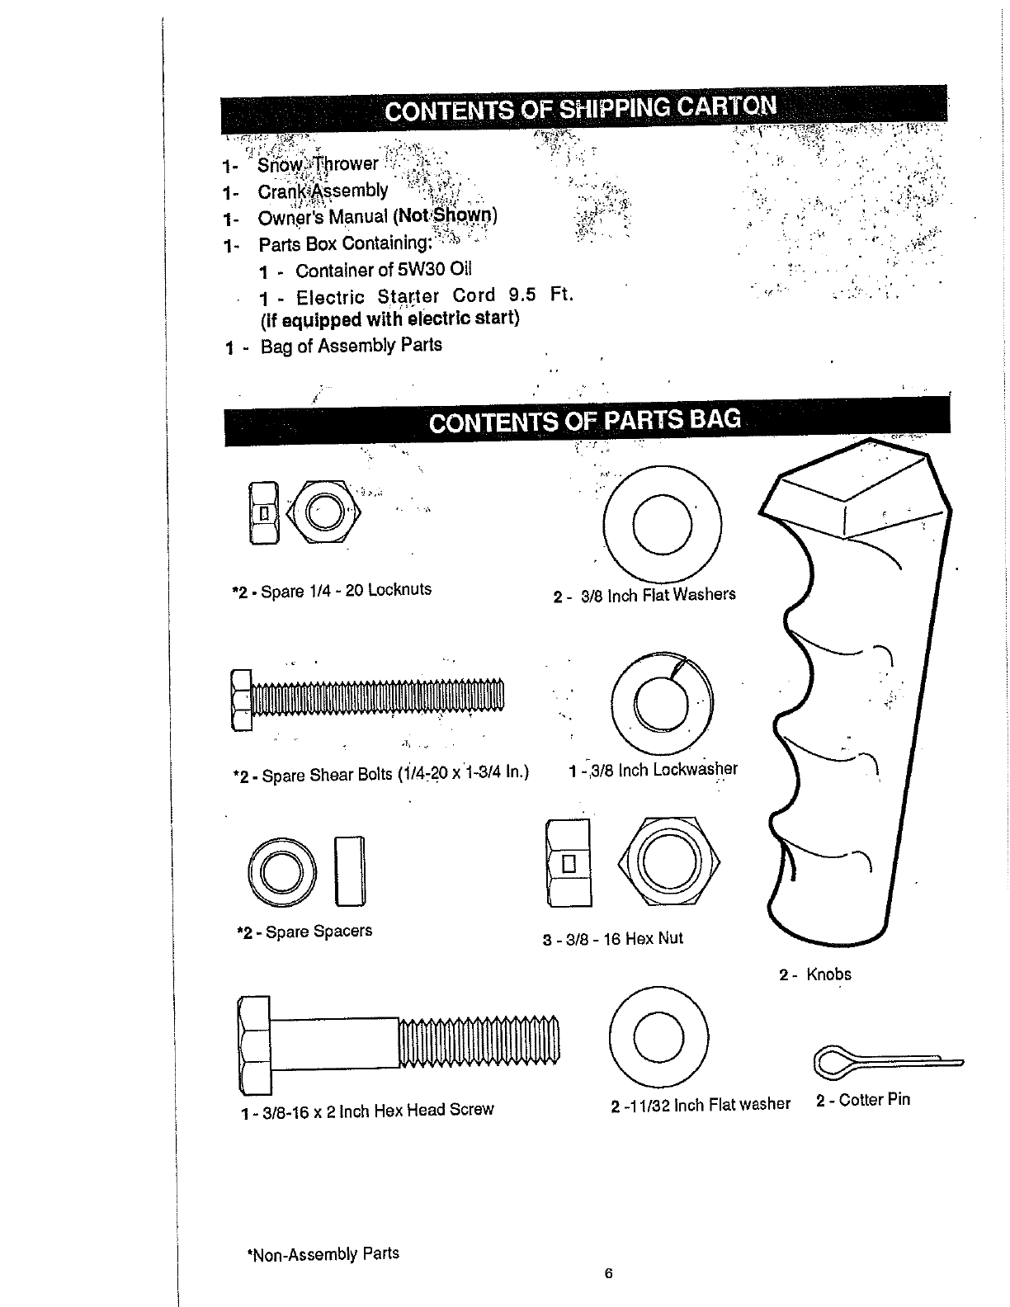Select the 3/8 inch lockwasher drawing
click(663, 695)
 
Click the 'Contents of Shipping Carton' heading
click(581, 109)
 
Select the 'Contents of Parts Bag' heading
click(585, 422)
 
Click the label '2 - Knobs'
click(815, 974)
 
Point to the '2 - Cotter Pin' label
click(863, 1100)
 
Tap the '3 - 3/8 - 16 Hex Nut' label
click(613, 939)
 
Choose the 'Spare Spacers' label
click(304, 932)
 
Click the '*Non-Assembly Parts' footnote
click(323, 1254)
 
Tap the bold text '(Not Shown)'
click(446, 216)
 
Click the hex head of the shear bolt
click(241, 701)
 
